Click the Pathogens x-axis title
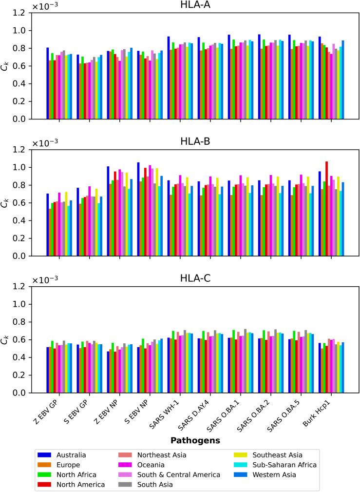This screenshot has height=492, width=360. click(195, 440)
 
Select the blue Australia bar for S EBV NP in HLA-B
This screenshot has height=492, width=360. click(138, 209)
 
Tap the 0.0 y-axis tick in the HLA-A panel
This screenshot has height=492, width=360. click(21, 119)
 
